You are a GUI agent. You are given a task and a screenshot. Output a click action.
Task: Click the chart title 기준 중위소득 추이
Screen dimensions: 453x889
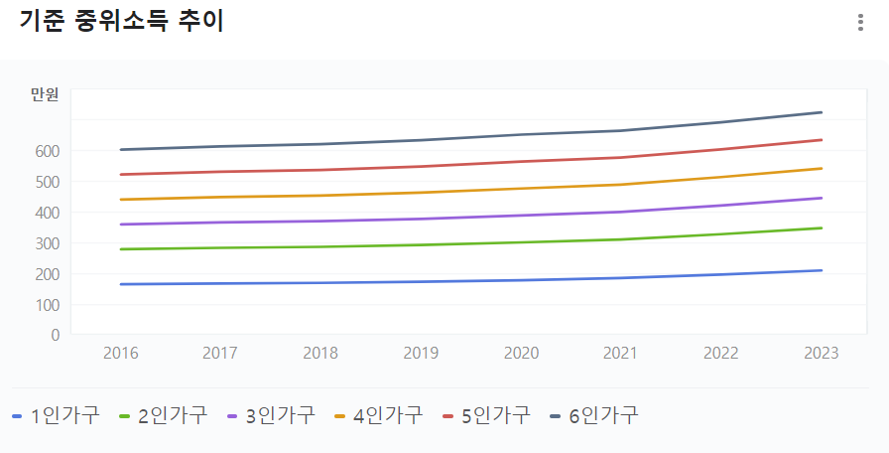[x=121, y=22]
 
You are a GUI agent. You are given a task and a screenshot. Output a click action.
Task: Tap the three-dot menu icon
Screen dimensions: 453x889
[x=860, y=23]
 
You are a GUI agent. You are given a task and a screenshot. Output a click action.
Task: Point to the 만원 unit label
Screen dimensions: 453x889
[x=45, y=95]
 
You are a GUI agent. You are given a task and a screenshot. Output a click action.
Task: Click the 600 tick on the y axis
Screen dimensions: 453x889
[x=49, y=151]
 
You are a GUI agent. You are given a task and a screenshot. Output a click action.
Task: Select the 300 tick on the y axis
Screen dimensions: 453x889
[x=49, y=243]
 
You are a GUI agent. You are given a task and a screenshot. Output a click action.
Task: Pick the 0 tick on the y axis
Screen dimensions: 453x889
[x=56, y=335]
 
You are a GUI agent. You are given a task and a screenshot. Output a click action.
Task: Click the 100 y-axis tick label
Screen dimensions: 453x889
[x=49, y=304]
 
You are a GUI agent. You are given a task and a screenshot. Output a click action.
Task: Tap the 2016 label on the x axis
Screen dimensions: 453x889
[x=121, y=353]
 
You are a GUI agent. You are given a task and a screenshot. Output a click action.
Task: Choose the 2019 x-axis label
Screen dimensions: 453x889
[x=421, y=353]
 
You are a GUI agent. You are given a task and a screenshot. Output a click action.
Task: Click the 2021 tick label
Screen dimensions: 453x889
[x=621, y=353]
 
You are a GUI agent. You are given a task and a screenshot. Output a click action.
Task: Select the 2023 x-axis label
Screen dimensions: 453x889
[x=822, y=353]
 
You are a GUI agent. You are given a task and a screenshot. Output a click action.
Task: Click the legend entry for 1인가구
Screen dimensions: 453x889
[x=57, y=415]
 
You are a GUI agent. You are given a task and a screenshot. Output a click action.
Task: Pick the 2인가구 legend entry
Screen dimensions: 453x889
[x=164, y=415]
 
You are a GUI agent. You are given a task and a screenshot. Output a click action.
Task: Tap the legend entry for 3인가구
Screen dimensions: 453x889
[x=272, y=415]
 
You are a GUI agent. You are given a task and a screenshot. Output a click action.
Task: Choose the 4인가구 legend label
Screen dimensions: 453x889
[x=380, y=415]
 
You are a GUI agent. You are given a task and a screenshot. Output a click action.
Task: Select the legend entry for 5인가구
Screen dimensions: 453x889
[x=487, y=415]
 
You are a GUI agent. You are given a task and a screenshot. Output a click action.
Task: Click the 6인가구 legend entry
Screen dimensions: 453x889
[x=595, y=415]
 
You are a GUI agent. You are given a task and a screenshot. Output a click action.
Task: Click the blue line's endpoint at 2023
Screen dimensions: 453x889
[x=822, y=270]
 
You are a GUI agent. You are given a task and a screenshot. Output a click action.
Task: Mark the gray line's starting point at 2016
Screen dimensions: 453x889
[x=121, y=150]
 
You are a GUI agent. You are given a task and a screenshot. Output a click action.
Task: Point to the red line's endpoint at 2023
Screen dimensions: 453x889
[x=822, y=140]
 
